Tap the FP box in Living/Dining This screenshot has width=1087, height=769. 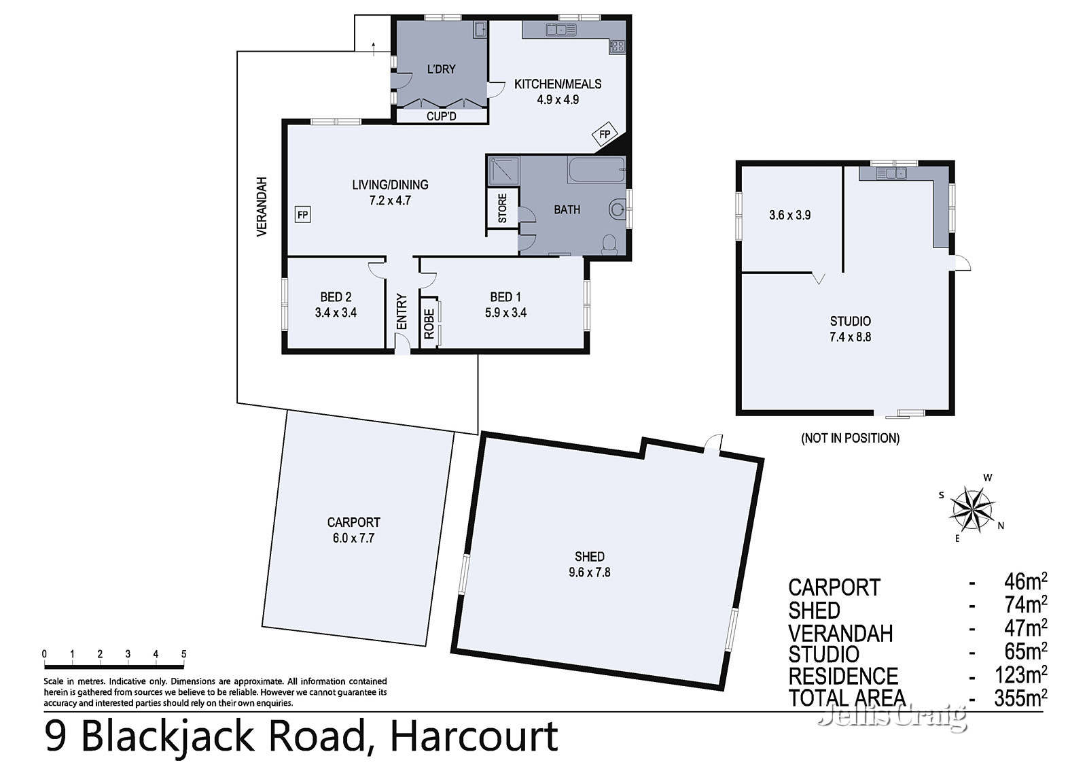(302, 215)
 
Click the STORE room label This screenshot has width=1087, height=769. (502, 209)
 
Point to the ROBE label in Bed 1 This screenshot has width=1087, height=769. (429, 324)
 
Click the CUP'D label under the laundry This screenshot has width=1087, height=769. (441, 116)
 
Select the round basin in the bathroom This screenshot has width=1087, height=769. (618, 210)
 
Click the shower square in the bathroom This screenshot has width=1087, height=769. (503, 170)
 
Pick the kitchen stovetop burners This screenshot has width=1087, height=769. (617, 47)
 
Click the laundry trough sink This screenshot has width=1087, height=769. (480, 30)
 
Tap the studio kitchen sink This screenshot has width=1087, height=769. (891, 173)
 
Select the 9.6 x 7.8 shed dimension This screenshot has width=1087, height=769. (590, 573)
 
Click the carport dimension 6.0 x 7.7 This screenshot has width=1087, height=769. (353, 539)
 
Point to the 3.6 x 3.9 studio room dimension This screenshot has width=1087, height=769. (790, 216)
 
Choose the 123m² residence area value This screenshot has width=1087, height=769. (1020, 674)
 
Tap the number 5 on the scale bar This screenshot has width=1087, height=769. (184, 654)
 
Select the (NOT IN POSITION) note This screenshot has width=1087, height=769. (850, 438)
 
